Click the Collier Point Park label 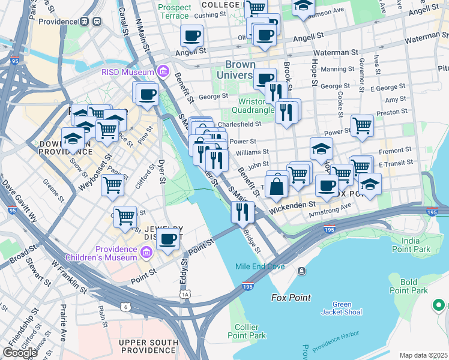[247, 331]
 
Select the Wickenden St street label [291, 209]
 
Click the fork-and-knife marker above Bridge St [243, 212]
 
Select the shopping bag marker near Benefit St [276, 185]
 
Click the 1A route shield [185, 294]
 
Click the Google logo [20, 353]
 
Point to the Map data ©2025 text [423, 355]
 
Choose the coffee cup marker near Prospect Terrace [191, 36]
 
